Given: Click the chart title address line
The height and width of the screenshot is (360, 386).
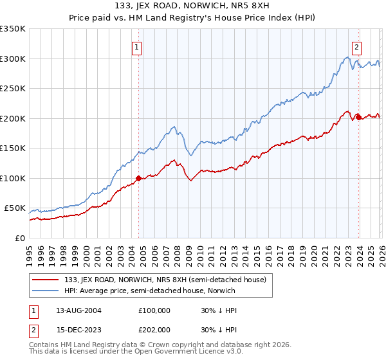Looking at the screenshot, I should [193, 6].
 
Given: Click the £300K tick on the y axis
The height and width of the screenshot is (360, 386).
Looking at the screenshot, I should [12, 59].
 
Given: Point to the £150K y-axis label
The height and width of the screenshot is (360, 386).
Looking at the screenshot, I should [12, 148].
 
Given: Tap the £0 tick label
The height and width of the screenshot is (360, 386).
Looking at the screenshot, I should [18, 238].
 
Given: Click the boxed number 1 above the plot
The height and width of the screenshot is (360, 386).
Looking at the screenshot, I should [138, 46].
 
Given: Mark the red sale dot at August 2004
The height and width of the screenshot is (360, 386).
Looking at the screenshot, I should [138, 178].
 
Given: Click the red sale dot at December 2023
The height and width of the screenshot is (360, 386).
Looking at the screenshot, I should [358, 117].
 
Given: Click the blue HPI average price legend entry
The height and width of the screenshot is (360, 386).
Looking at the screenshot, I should [150, 291].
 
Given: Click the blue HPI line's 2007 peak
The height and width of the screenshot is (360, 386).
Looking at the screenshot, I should [174, 127].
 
